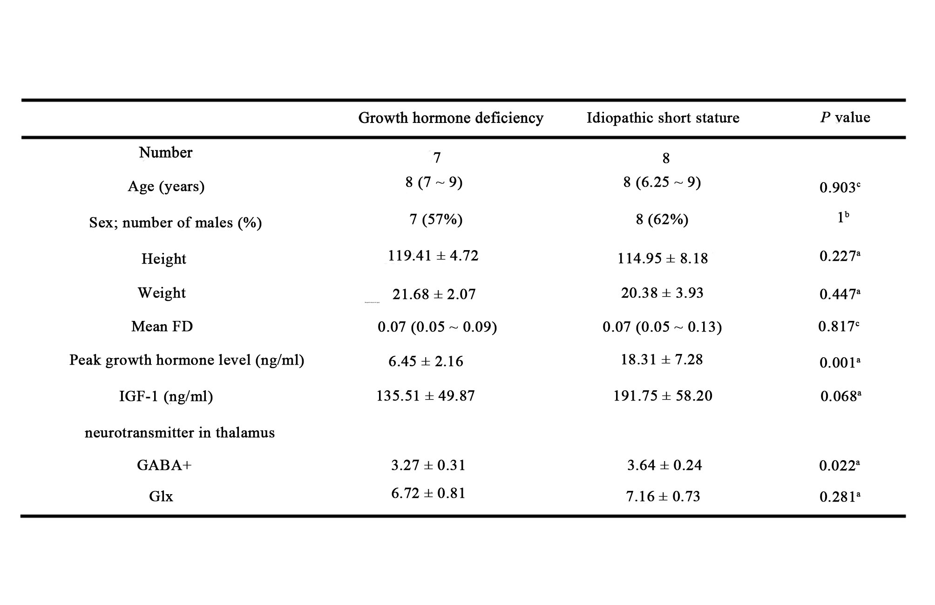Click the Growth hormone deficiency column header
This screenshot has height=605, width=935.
tap(451, 118)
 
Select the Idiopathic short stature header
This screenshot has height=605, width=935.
tap(663, 118)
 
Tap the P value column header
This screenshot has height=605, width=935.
tap(845, 117)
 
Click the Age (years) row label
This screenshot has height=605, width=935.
tap(166, 187)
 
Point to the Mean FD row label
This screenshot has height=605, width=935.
tap(162, 326)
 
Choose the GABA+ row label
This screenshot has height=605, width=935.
tap(164, 465)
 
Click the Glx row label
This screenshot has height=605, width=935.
tap(161, 496)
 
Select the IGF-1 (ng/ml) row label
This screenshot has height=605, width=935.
tap(166, 396)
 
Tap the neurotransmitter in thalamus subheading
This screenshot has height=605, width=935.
tap(180, 433)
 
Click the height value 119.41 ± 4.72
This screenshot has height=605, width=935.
tap(433, 256)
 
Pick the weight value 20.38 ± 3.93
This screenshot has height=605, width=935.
tap(662, 293)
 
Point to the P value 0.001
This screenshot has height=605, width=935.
tap(840, 362)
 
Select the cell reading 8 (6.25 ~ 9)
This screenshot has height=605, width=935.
tap(662, 182)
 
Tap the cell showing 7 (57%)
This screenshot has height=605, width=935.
tap(436, 219)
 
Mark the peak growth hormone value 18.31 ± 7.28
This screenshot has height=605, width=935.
tap(662, 360)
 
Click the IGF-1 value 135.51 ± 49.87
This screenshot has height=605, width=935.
tap(426, 396)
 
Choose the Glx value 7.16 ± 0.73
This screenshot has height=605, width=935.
tap(663, 496)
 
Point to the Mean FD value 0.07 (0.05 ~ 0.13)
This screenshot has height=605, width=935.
tap(662, 327)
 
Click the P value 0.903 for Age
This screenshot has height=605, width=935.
tap(840, 187)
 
